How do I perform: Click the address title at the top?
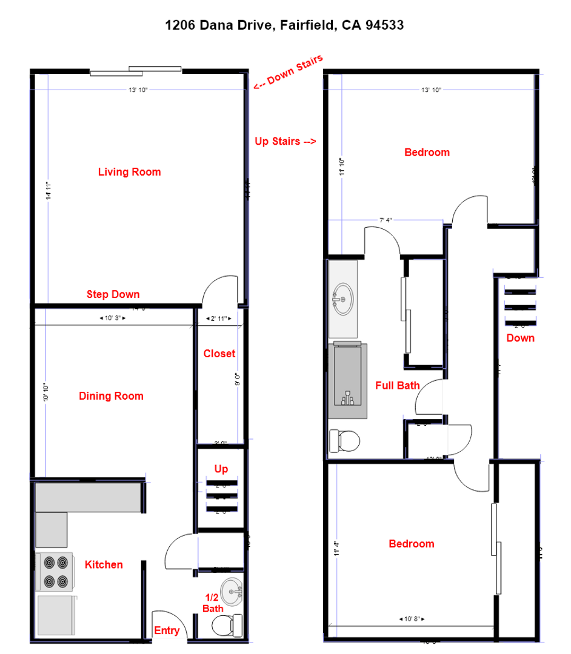pyautogui.click(x=285, y=25)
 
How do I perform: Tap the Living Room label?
pyautogui.click(x=130, y=172)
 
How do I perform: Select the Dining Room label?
pyautogui.click(x=111, y=396)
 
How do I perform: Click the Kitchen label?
pyautogui.click(x=104, y=564)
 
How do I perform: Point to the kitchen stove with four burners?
pyautogui.click(x=55, y=572)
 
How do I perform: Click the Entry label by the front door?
pyautogui.click(x=167, y=630)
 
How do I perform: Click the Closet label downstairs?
pyautogui.click(x=219, y=354)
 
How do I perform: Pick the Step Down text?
pyautogui.click(x=113, y=294)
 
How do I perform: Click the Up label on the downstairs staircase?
pyautogui.click(x=221, y=469)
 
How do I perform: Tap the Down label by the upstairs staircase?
pyautogui.click(x=521, y=338)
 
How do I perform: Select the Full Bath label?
pyautogui.click(x=398, y=385)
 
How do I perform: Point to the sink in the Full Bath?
pyautogui.click(x=342, y=299)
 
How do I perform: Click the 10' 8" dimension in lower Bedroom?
pyautogui.click(x=412, y=619)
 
